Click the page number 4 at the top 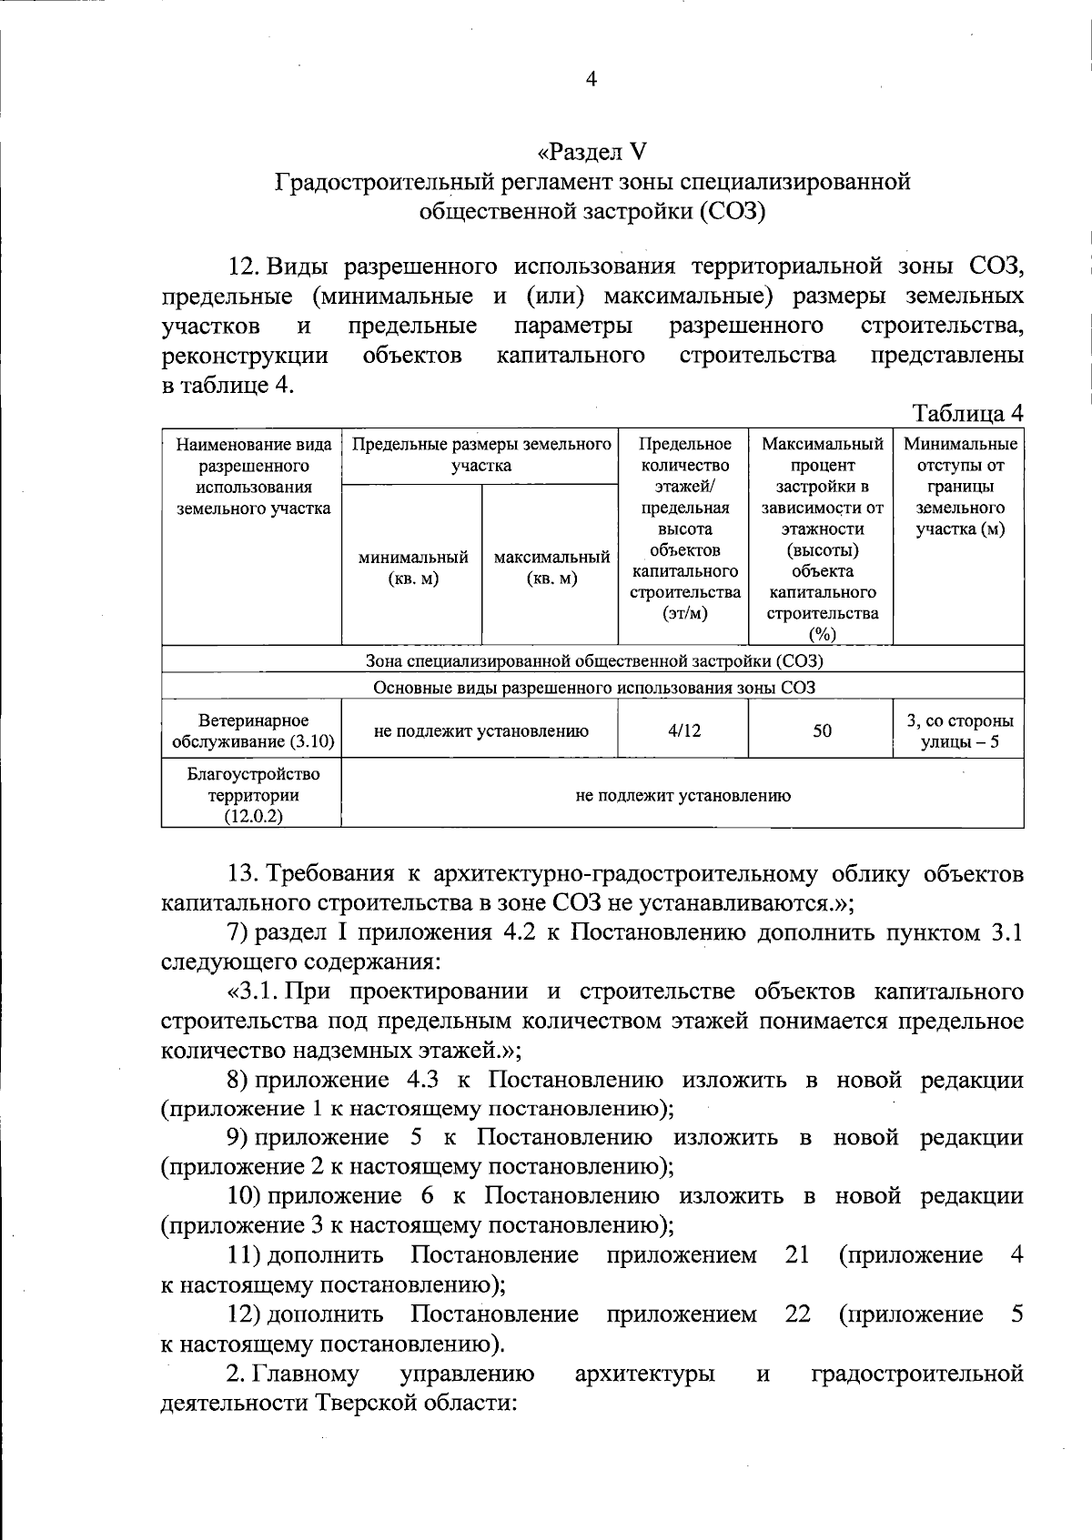click(591, 80)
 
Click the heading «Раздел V click(591, 151)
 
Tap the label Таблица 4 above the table click(968, 413)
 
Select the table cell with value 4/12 click(683, 730)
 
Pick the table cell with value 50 click(822, 730)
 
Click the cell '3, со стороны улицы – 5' click(959, 731)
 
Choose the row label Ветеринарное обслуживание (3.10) click(252, 731)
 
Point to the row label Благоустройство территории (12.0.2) click(252, 795)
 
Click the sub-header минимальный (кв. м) click(412, 568)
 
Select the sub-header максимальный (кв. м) click(551, 568)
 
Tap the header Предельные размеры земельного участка click(480, 455)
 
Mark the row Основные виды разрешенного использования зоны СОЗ click(592, 688)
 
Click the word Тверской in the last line click(362, 1403)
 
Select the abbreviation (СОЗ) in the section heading click(733, 212)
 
